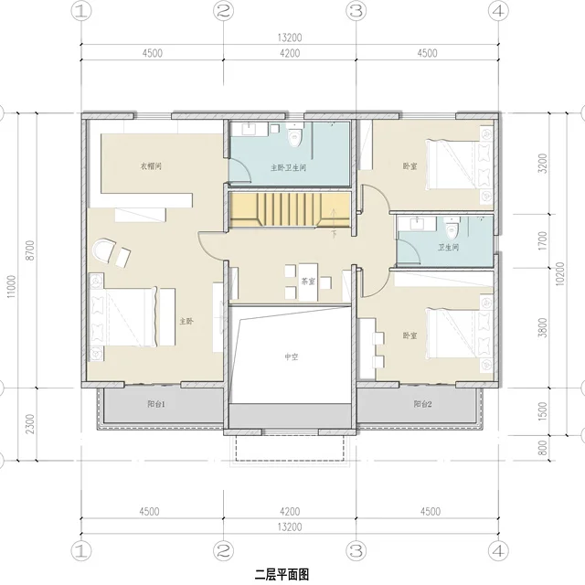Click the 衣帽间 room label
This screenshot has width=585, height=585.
coord(151,166)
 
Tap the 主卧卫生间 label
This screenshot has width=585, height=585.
coord(289,167)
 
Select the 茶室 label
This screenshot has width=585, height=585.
coord(308,282)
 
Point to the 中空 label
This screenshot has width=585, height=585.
coord(292,357)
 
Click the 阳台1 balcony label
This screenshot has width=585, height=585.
coord(156,404)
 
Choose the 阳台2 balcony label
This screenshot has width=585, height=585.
coord(422,404)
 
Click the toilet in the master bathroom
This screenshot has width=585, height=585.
coord(294,138)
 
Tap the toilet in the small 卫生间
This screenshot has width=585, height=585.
coord(451,229)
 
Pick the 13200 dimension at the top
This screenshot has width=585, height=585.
coord(290,37)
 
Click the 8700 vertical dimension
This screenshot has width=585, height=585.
coord(30,250)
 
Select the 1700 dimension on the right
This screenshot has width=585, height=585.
coord(543,241)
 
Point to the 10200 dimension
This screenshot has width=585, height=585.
coord(560,274)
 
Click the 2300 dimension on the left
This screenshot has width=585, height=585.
coord(30,424)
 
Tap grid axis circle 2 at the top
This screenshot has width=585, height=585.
coord(223,12)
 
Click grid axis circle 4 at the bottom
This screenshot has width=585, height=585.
coord(498,550)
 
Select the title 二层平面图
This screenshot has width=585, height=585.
coord(282,575)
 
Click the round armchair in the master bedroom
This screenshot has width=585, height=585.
coord(103,250)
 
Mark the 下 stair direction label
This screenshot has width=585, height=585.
coord(334,235)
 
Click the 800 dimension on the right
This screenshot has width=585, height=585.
coord(543,448)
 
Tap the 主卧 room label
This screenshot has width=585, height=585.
coord(186,321)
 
